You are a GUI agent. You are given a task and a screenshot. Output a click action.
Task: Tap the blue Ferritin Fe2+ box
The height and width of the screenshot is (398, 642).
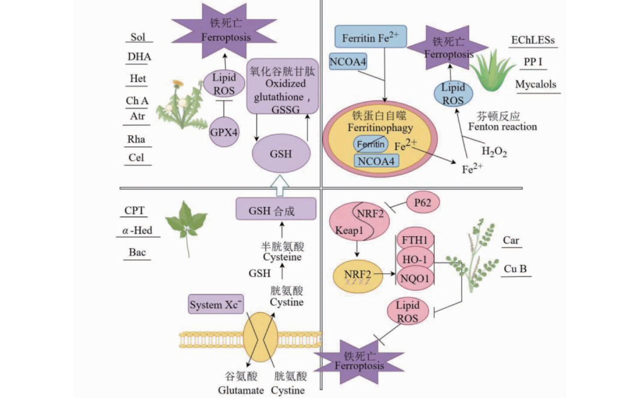pyautogui.click(x=367, y=37)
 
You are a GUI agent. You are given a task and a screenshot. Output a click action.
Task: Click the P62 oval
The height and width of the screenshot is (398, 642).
pyautogui.click(x=422, y=202)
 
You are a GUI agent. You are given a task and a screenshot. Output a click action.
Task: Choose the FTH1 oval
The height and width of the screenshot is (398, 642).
pyautogui.click(x=415, y=240)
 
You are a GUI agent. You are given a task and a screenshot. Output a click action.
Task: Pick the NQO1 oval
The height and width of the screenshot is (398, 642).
pyautogui.click(x=415, y=278)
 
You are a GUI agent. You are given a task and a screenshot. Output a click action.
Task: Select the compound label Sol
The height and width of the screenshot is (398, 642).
pyautogui.click(x=137, y=37)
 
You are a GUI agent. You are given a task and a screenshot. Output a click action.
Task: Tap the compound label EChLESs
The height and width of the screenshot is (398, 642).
pyautogui.click(x=533, y=40)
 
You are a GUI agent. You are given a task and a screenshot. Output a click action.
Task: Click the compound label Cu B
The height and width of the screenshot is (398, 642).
pyautogui.click(x=515, y=269)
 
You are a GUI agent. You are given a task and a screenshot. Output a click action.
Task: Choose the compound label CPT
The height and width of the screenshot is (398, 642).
pyautogui.click(x=134, y=210)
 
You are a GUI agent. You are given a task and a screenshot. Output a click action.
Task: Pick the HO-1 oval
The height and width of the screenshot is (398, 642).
pyautogui.click(x=415, y=259)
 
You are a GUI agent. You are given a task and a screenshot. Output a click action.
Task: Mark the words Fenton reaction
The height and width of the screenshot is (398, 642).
pyautogui.click(x=502, y=127)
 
